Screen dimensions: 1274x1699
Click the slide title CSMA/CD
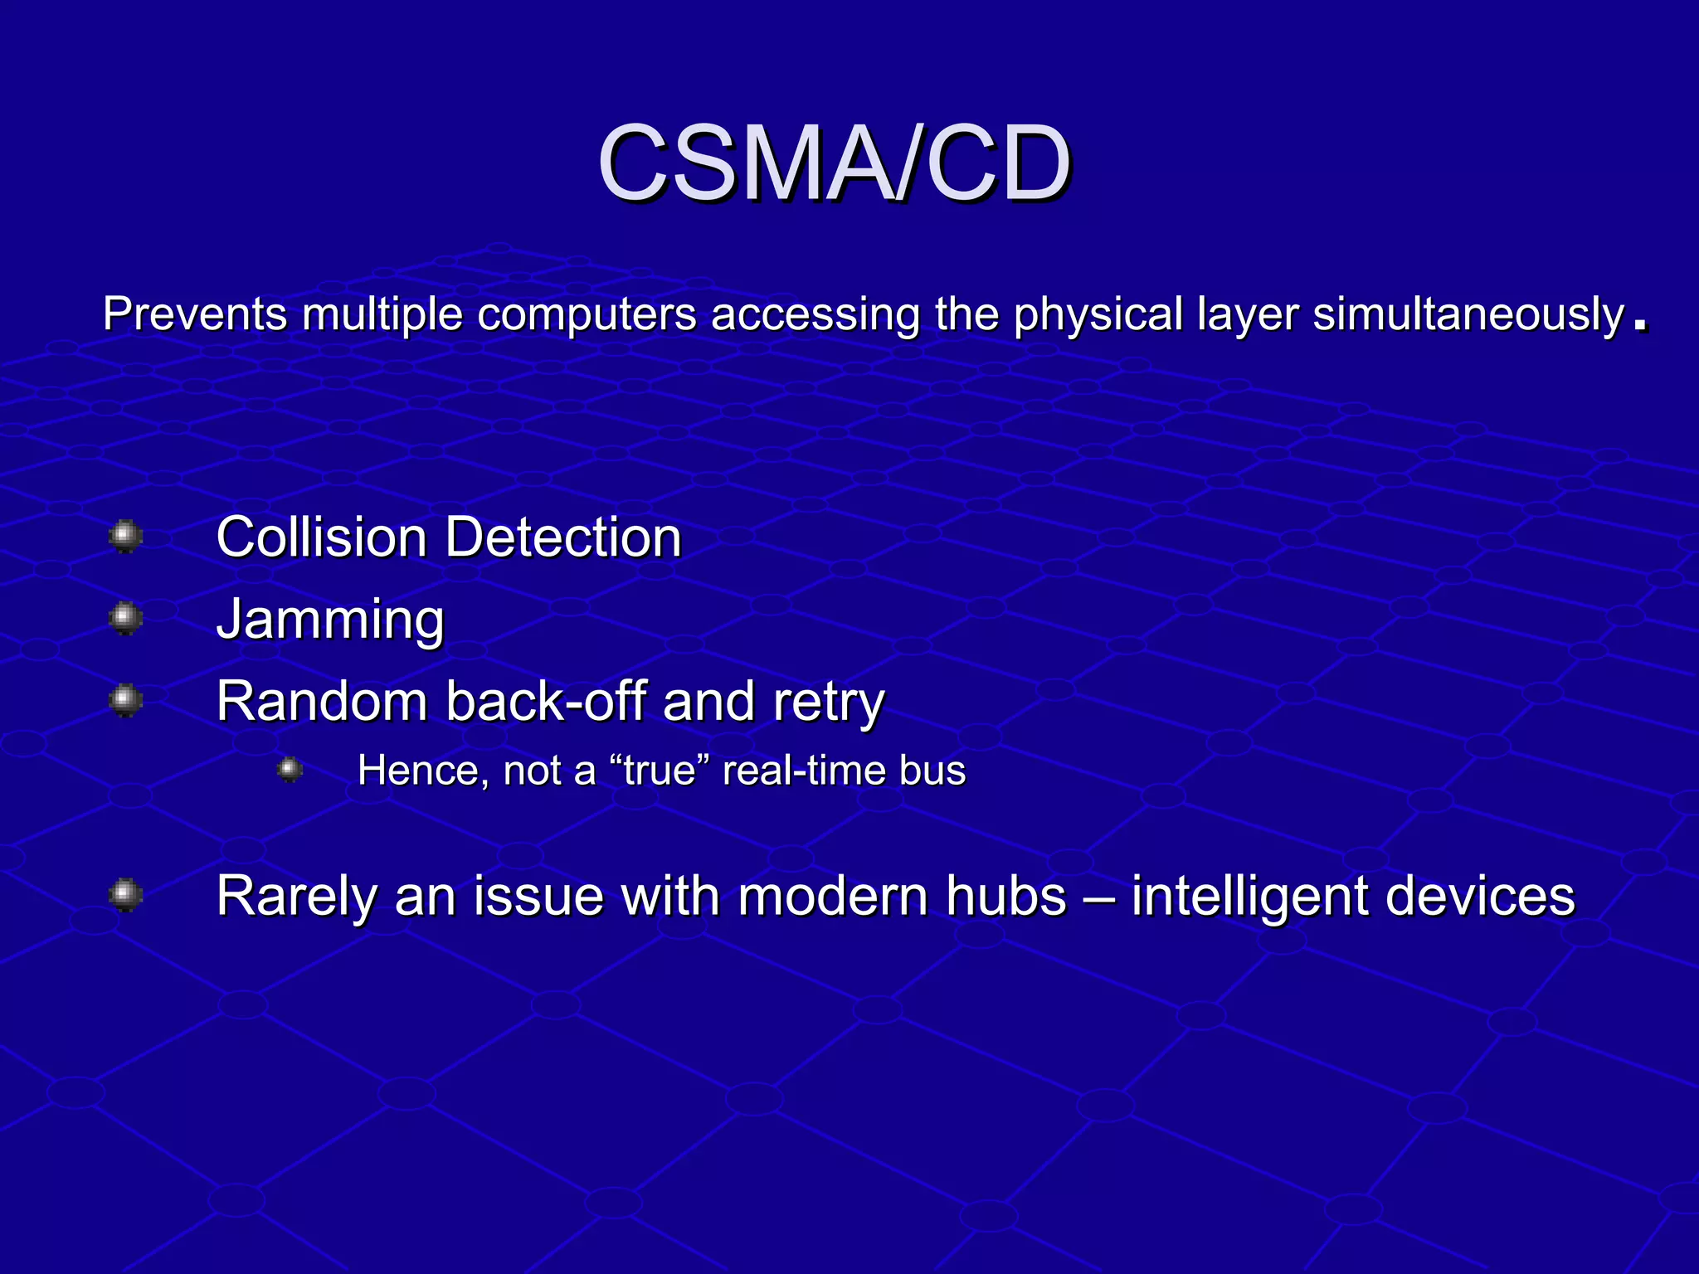click(x=834, y=163)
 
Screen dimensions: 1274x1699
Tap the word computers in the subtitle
click(x=587, y=315)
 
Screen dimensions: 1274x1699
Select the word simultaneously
click(x=1468, y=315)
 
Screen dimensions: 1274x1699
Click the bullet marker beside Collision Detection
click(x=125, y=536)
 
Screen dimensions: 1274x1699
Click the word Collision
click(x=321, y=537)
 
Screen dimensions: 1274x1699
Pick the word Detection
click(x=563, y=537)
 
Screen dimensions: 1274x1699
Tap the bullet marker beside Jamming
click(x=125, y=618)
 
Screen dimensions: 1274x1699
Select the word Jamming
click(x=330, y=620)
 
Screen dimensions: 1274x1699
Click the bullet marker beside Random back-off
click(x=125, y=700)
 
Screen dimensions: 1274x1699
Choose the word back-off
click(x=545, y=702)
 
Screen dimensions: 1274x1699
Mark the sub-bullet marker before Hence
click(x=290, y=771)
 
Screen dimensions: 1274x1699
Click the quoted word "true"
click(x=659, y=771)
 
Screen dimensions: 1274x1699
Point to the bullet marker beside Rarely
click(x=125, y=895)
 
